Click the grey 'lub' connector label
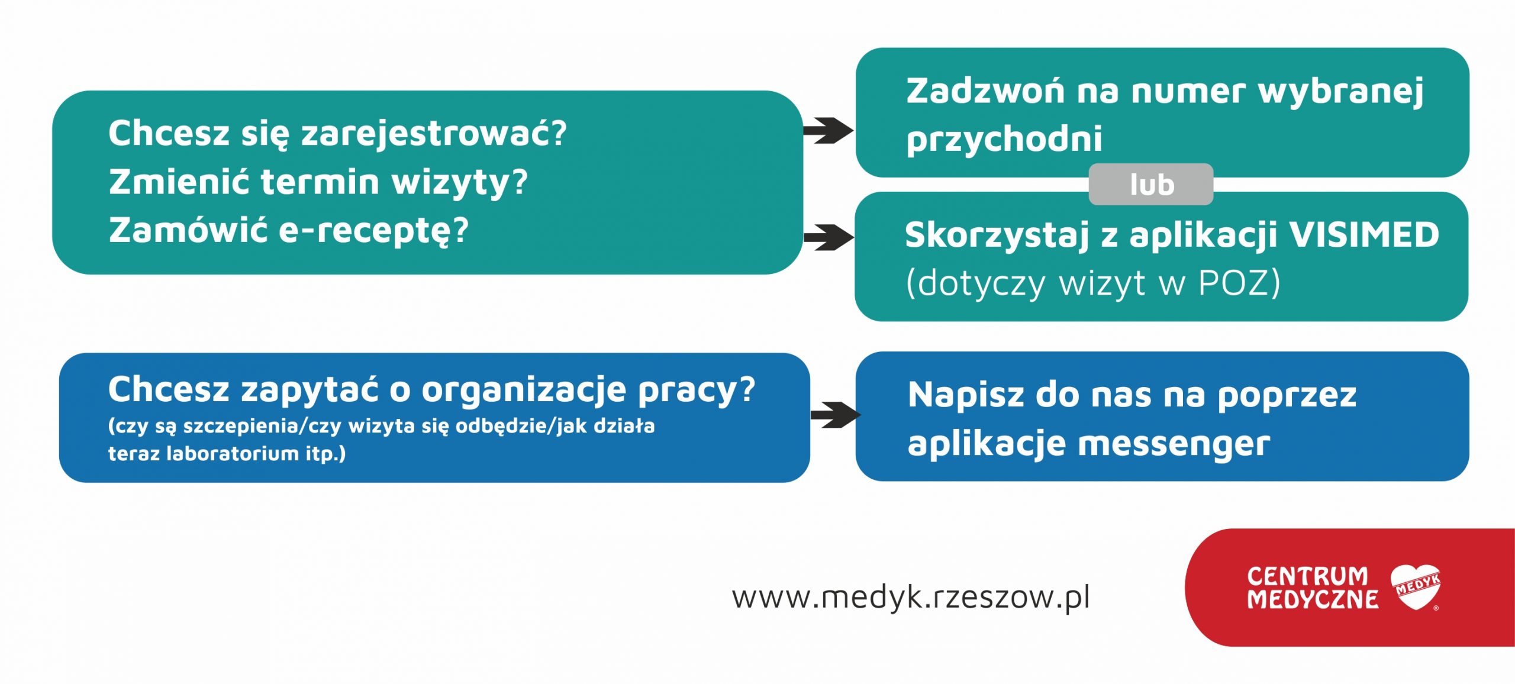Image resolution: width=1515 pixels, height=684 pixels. click(x=1150, y=185)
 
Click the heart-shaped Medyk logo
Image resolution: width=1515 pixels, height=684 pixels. click(x=1416, y=587)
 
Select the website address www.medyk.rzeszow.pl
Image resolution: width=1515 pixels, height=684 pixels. click(x=911, y=597)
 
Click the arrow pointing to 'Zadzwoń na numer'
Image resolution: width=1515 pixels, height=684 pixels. click(x=828, y=130)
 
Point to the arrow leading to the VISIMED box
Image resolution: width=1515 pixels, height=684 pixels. click(x=828, y=237)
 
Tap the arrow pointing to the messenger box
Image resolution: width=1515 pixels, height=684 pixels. click(x=835, y=415)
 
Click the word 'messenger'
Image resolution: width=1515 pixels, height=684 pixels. click(x=1174, y=444)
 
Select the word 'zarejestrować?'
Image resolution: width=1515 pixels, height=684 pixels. click(x=434, y=134)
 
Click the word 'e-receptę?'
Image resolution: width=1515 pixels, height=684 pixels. click(x=373, y=231)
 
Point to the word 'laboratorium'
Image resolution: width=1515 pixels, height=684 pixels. click(x=233, y=453)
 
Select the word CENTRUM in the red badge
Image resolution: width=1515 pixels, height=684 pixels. click(x=1308, y=576)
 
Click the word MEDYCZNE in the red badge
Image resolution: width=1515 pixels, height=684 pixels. click(x=1313, y=599)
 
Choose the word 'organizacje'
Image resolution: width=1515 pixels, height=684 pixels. click(x=524, y=391)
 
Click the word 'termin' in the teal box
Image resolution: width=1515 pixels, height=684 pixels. click(x=320, y=182)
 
